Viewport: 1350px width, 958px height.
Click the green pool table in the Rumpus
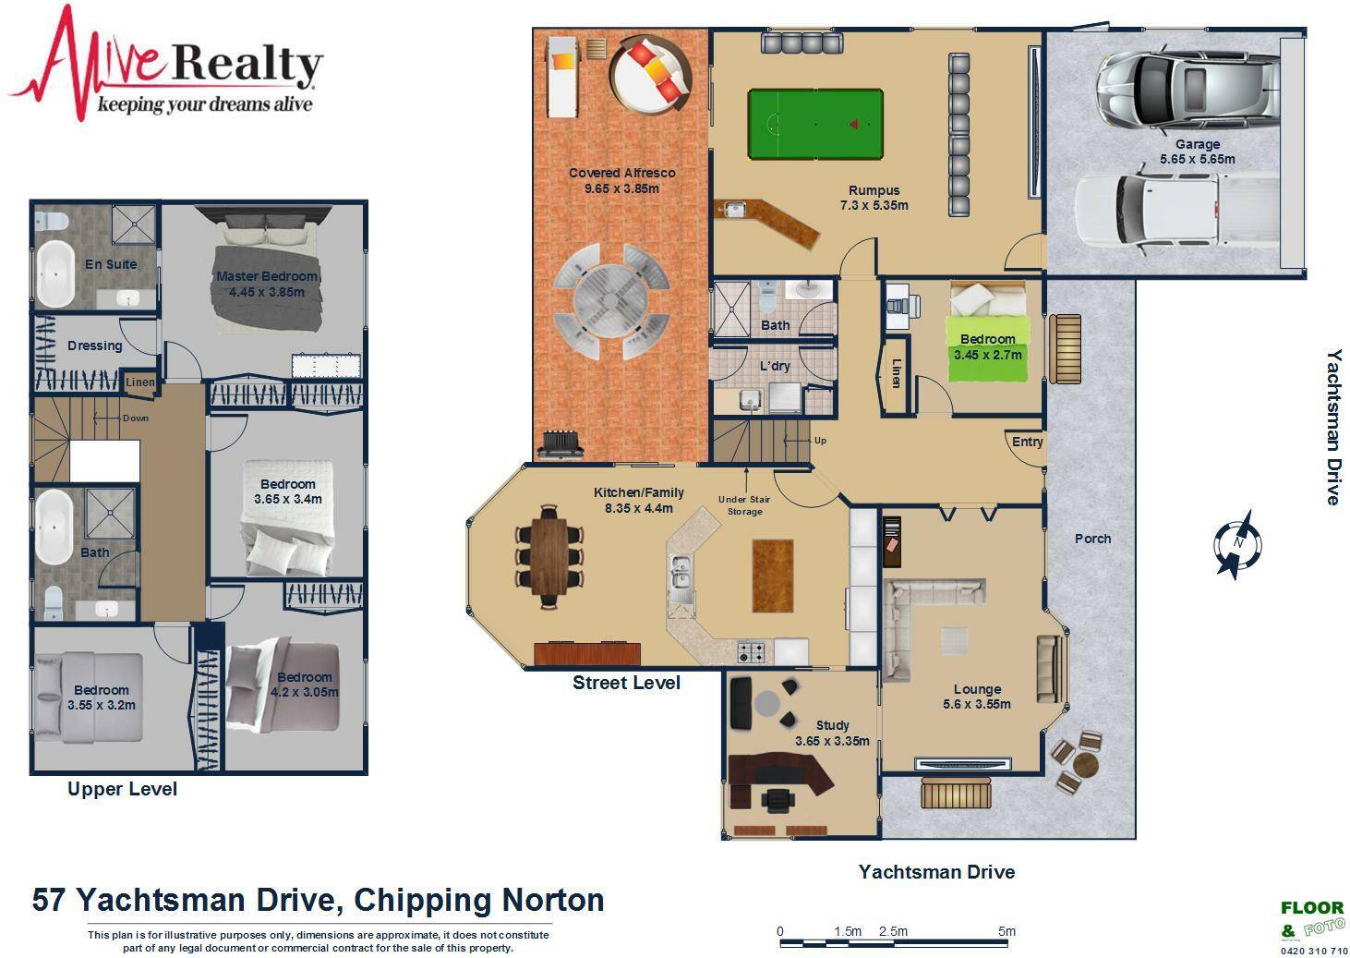815,125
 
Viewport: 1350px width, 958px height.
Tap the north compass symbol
1237,544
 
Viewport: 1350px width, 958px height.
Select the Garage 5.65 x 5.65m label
1197,152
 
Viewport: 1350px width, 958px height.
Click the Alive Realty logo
165,64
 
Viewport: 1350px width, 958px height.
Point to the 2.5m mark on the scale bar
893,931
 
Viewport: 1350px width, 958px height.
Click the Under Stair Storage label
744,505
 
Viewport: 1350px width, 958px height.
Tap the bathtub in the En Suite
55,273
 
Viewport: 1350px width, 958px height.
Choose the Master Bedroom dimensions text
266,293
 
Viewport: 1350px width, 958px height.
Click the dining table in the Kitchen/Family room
549,557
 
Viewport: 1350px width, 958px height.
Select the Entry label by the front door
1027,442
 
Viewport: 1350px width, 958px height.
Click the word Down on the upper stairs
136,418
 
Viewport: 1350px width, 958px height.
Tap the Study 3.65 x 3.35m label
832,734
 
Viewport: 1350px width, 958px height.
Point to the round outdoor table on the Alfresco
610,299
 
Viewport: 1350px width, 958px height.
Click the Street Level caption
626,683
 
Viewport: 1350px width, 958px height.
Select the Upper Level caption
122,789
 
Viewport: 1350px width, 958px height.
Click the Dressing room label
94,346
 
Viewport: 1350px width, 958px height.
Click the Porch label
1092,539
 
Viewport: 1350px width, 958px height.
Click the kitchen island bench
773,576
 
